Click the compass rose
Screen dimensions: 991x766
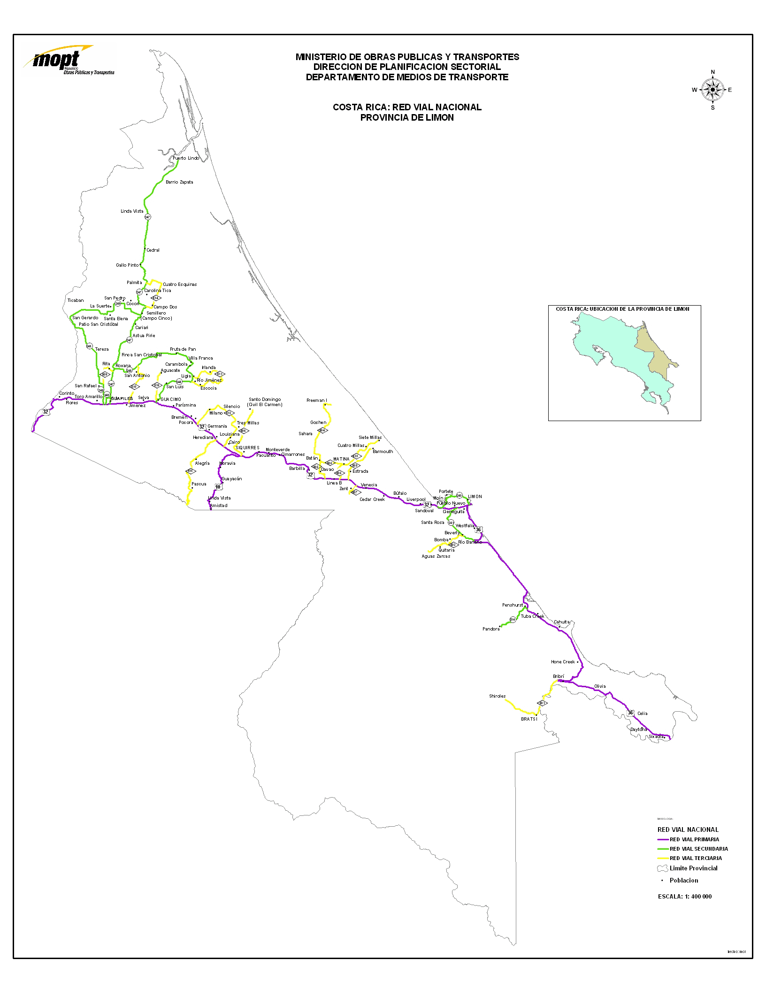[x=712, y=89]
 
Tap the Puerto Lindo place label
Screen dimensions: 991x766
[x=186, y=158]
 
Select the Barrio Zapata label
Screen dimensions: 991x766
[x=179, y=182]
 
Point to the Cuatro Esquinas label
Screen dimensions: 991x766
[x=180, y=284]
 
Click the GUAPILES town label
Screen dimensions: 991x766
[x=122, y=398]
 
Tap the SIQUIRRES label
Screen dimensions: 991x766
[x=247, y=447]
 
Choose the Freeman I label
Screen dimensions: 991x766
[x=316, y=400]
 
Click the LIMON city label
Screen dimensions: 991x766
[x=475, y=496]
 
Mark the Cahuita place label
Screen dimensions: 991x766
[x=561, y=622]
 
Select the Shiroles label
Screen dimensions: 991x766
[x=497, y=696]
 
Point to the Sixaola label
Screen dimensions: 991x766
[x=656, y=737]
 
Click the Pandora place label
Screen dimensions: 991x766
[x=491, y=629]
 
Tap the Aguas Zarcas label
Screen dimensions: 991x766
[x=436, y=556]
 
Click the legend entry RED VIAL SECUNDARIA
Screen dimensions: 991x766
[x=698, y=849]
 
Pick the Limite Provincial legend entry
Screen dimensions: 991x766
[x=693, y=868]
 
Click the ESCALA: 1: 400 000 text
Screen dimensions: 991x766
[x=685, y=897]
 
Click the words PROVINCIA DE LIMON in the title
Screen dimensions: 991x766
[x=407, y=118]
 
